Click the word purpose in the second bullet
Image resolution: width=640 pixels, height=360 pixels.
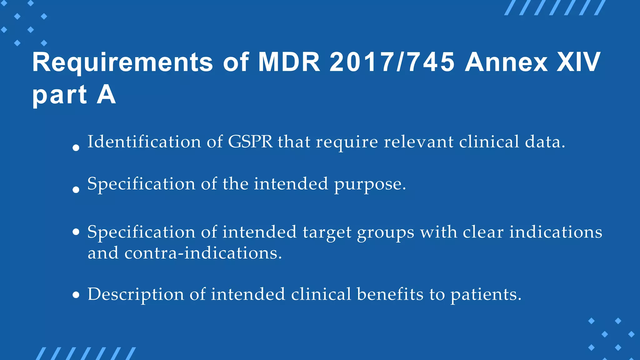click(x=370, y=184)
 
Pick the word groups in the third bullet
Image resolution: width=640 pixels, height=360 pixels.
click(x=386, y=233)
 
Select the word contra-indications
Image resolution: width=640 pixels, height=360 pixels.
click(x=203, y=253)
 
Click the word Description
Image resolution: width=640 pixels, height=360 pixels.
click(x=136, y=295)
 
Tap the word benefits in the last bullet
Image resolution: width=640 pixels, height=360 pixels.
click(x=390, y=294)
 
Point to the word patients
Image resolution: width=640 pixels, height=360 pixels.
click(x=486, y=295)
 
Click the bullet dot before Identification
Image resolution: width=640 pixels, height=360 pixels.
click(x=76, y=148)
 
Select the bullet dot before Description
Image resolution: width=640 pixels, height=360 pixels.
click(x=76, y=295)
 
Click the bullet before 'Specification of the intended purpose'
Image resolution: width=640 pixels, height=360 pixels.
click(x=76, y=189)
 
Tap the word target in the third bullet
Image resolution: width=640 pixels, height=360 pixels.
click(x=327, y=233)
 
